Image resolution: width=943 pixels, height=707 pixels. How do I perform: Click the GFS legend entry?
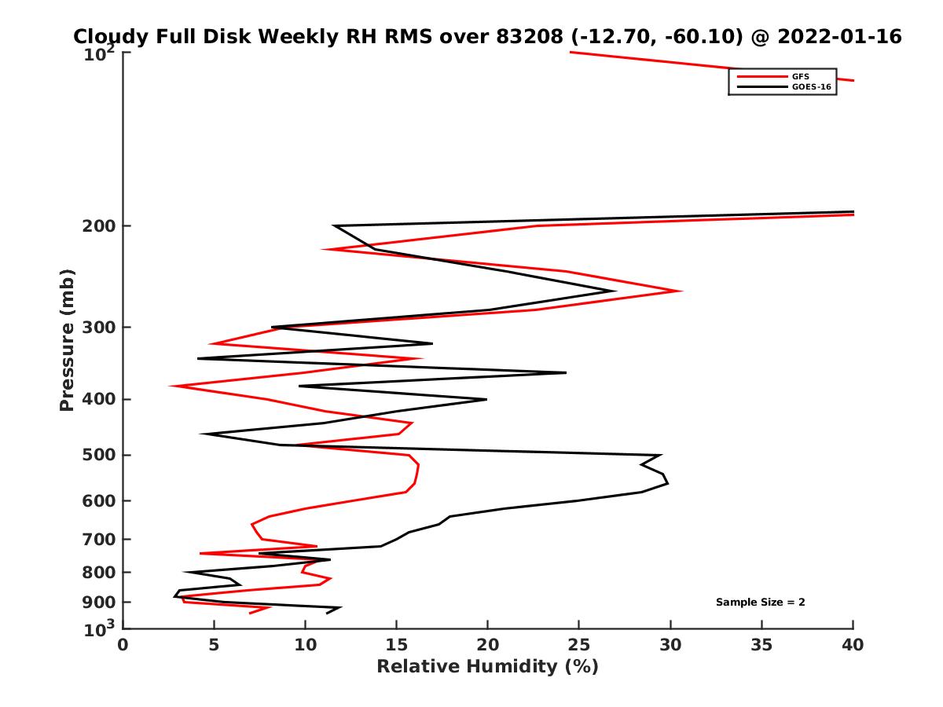point(802,76)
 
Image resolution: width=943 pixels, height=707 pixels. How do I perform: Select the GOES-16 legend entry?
point(809,87)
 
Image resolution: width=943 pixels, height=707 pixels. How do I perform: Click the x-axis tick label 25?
point(579,646)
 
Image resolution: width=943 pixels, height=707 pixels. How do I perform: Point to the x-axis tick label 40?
point(853,646)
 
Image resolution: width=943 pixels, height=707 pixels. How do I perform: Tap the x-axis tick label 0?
point(123,646)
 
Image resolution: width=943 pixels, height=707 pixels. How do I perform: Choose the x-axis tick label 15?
point(396,646)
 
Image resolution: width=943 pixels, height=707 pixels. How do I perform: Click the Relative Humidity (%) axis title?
point(487,667)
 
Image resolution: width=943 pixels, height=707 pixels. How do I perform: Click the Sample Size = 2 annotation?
point(760,603)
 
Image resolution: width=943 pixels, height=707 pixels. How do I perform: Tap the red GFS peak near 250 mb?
point(681,291)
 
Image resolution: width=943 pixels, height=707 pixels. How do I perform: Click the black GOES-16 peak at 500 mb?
point(661,455)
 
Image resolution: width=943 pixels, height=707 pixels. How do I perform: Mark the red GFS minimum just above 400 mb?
point(171,386)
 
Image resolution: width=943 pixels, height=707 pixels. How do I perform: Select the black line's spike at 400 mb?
point(486,399)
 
